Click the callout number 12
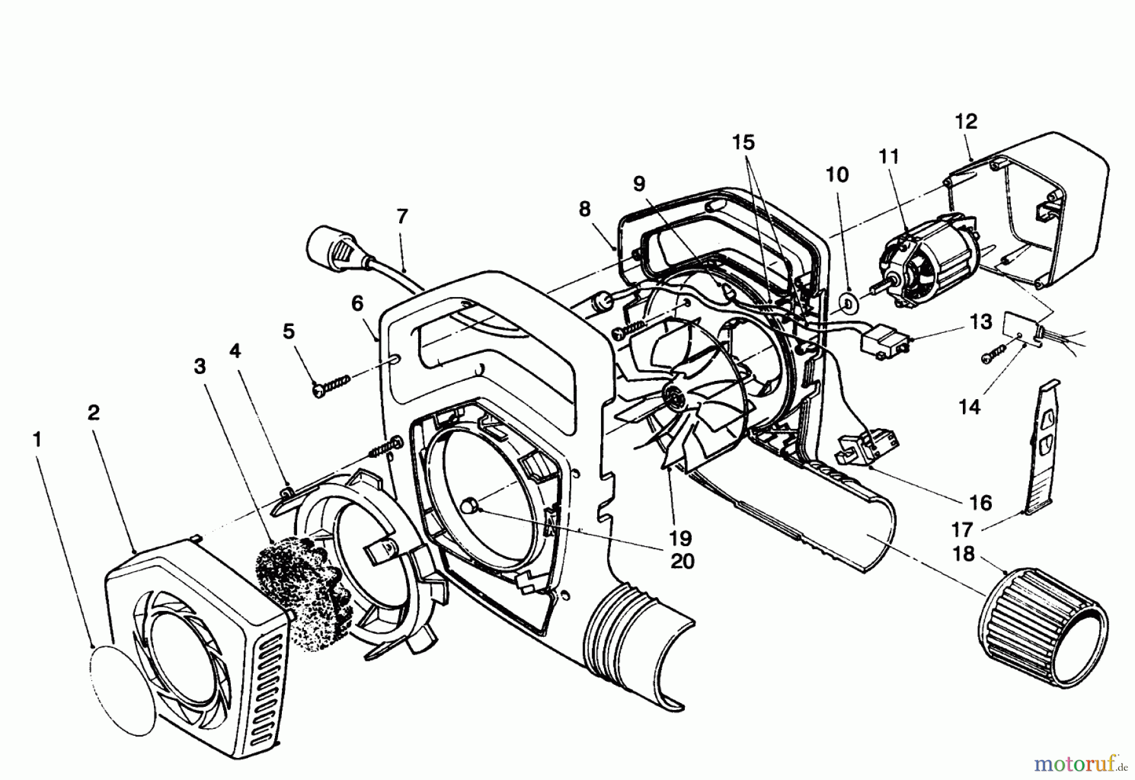tap(965, 121)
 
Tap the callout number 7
tap(402, 216)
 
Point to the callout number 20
tap(682, 560)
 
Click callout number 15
tap(743, 143)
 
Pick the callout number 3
tap(200, 366)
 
